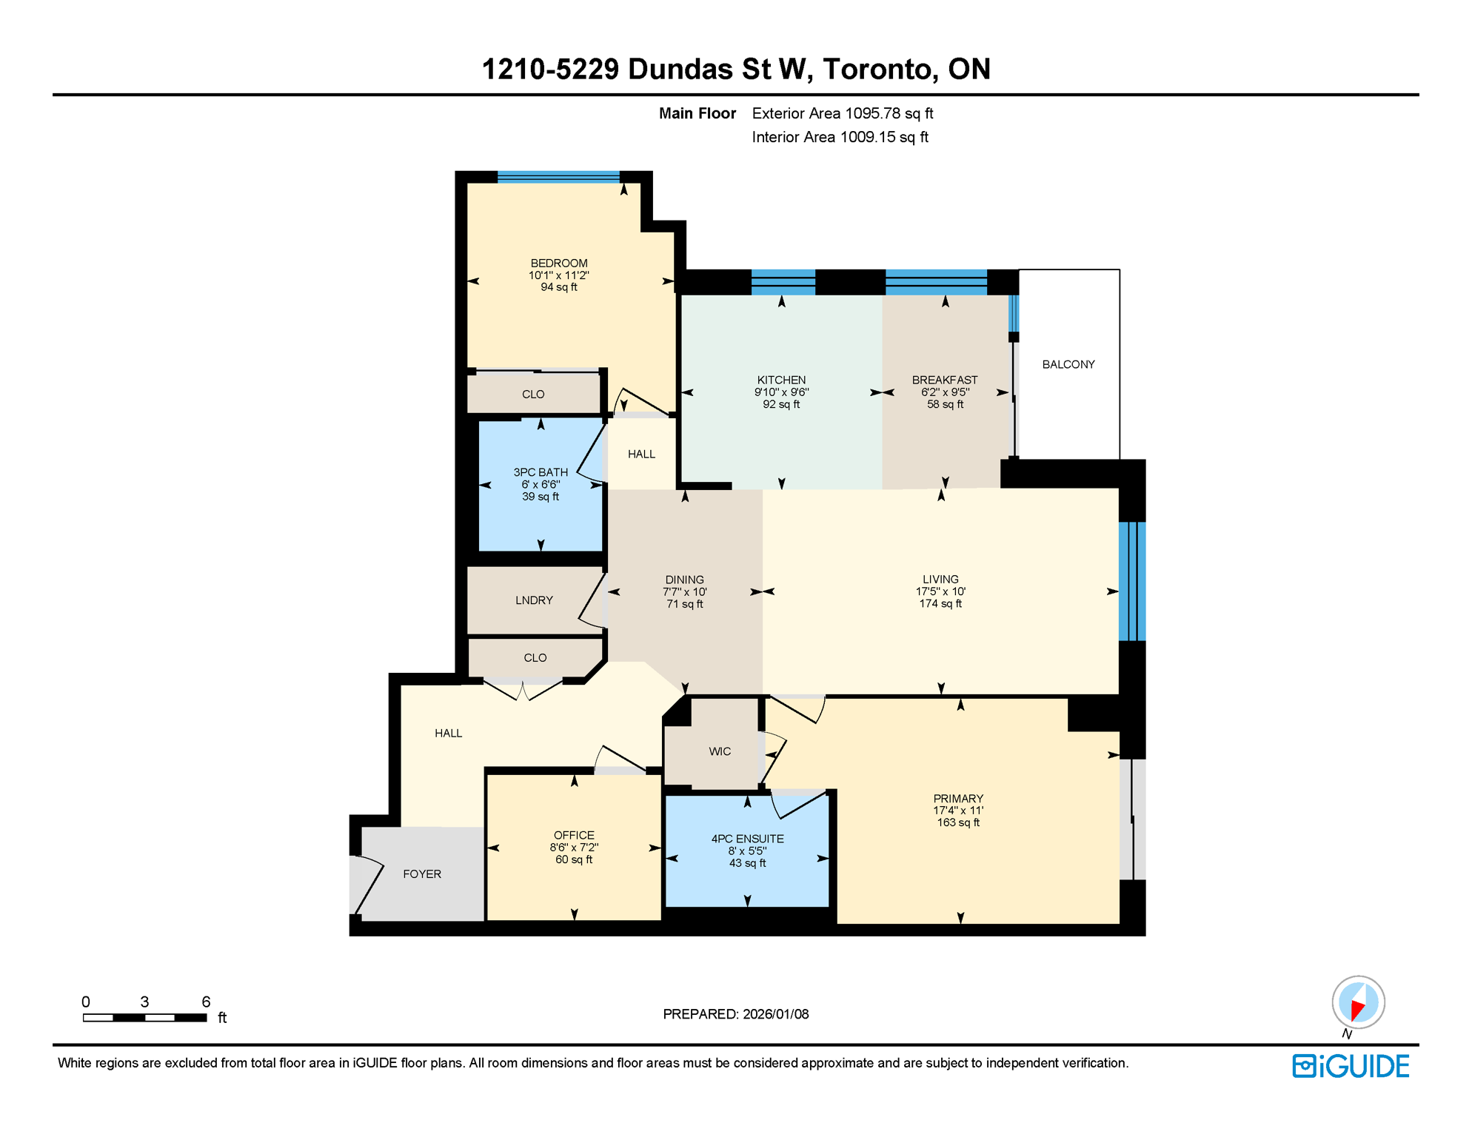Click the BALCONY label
tap(1068, 364)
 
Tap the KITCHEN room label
tap(781, 380)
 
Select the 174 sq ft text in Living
tap(940, 604)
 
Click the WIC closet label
tap(719, 751)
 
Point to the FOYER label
tap(422, 874)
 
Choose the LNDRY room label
tap(534, 600)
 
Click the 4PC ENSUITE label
tap(747, 839)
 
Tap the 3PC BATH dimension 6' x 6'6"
tap(541, 485)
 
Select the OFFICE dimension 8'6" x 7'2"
tap(574, 848)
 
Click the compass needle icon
tap(1358, 1004)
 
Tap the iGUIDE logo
tap(1351, 1066)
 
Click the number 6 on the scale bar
tap(206, 1002)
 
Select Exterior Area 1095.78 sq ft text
tap(842, 113)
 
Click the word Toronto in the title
tap(877, 69)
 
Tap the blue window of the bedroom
tap(558, 176)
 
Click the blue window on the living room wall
tap(1132, 581)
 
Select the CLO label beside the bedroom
tap(533, 395)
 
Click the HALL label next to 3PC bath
tap(641, 455)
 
